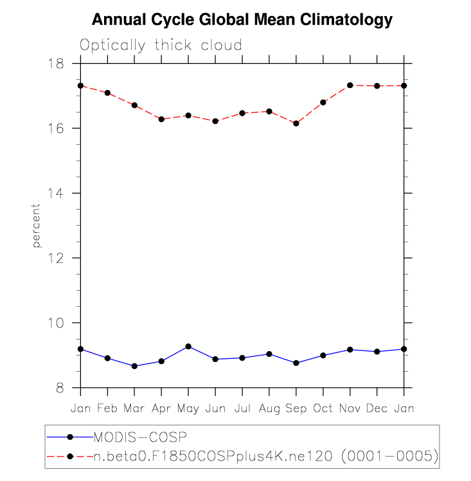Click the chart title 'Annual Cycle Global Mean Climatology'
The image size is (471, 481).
tap(242, 20)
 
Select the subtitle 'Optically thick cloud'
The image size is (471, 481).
tap(161, 45)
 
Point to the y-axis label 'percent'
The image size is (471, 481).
tap(37, 226)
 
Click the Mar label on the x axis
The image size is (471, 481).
tap(134, 408)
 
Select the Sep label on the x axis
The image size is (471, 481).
tap(296, 408)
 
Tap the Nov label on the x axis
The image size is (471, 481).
tap(350, 408)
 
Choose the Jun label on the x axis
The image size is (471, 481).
tap(215, 408)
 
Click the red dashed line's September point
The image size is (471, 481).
tap(296, 123)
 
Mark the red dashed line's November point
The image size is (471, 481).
tap(350, 85)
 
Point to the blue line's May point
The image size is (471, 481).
tap(188, 347)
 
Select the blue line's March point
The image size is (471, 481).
tap(134, 366)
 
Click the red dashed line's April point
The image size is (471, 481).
tap(161, 119)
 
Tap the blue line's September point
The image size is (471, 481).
tap(296, 363)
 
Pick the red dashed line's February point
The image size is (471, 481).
tap(107, 93)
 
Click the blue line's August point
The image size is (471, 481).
tap(269, 354)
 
